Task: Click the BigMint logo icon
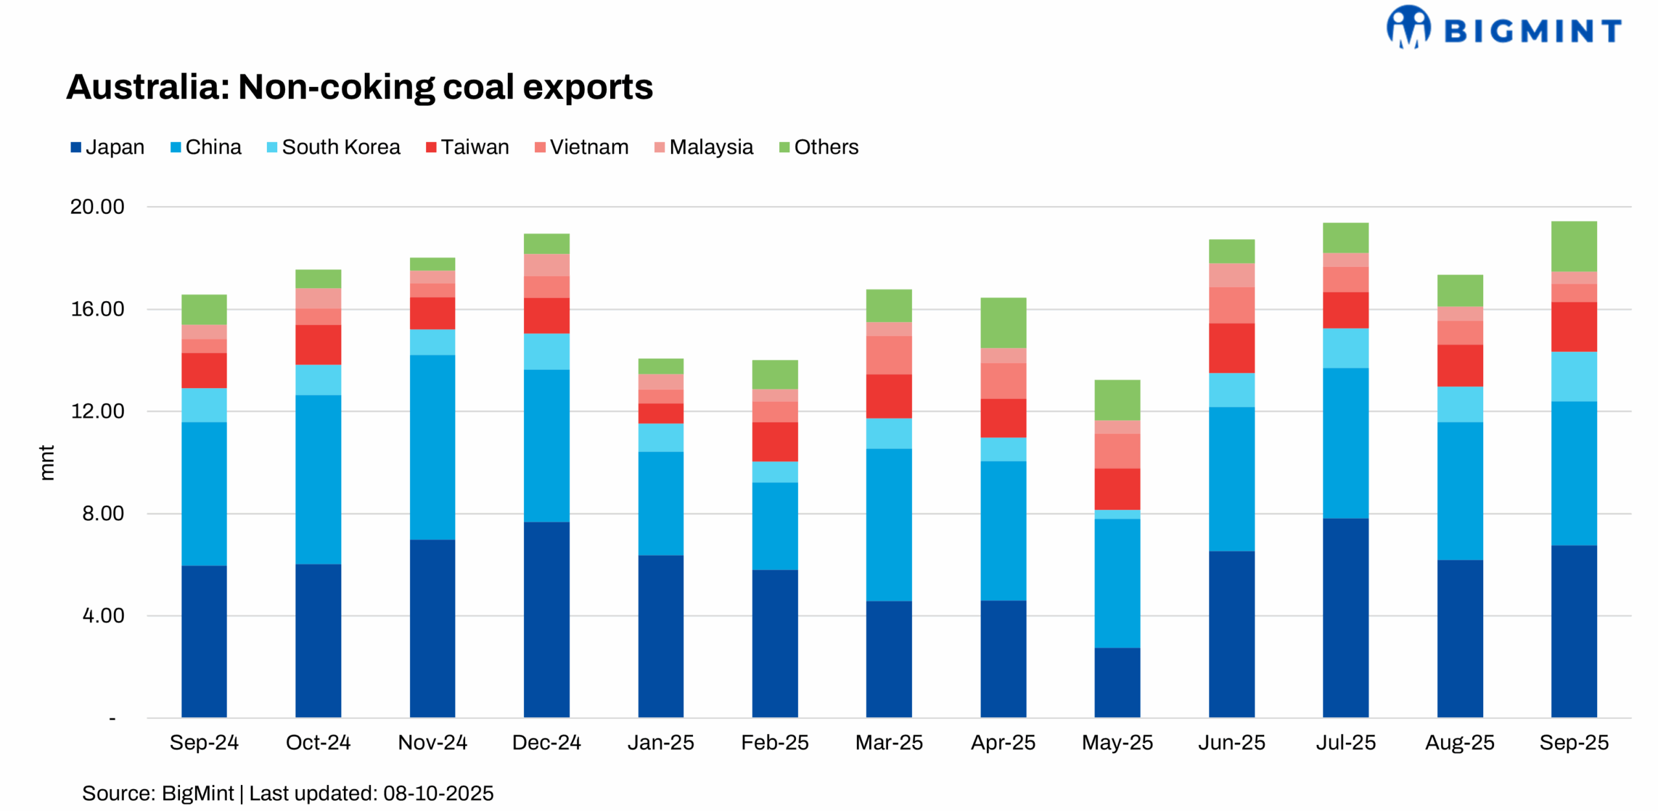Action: pyautogui.click(x=1407, y=27)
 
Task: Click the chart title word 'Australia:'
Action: pyautogui.click(x=148, y=87)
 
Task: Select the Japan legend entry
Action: pyautogui.click(x=107, y=147)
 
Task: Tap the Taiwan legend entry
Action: pyautogui.click(x=467, y=147)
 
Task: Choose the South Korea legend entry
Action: pyautogui.click(x=333, y=147)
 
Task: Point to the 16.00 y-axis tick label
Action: pyautogui.click(x=97, y=309)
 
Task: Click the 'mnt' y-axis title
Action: pyautogui.click(x=47, y=463)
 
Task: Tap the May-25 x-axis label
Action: pyautogui.click(x=1117, y=742)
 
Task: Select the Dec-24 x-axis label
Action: pyautogui.click(x=546, y=742)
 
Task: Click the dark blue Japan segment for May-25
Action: pyautogui.click(x=1117, y=682)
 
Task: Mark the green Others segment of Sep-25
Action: pyautogui.click(x=1573, y=246)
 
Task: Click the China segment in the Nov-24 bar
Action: pyautogui.click(x=432, y=447)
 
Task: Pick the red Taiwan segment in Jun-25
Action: pyautogui.click(x=1231, y=348)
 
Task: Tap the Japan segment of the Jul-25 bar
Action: pyautogui.click(x=1345, y=617)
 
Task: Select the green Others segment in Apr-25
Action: pyautogui.click(x=1003, y=323)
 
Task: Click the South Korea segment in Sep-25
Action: pyautogui.click(x=1573, y=376)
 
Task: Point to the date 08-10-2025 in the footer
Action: pyautogui.click(x=438, y=793)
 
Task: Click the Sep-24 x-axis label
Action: pyautogui.click(x=204, y=742)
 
